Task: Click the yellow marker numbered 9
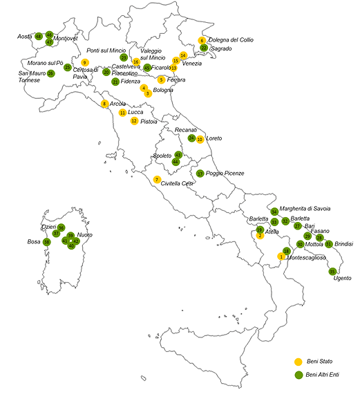(x=85, y=62)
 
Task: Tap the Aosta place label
(x=25, y=36)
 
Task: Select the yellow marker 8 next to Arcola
(x=104, y=104)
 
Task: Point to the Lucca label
(x=135, y=112)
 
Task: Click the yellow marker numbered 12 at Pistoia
(x=134, y=121)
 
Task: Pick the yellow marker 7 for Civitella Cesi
(x=157, y=179)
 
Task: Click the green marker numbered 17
(x=200, y=174)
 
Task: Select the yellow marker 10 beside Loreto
(x=200, y=139)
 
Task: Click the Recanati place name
(x=186, y=130)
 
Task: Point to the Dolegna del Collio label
(x=231, y=40)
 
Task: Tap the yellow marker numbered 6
(x=202, y=40)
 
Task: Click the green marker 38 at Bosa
(x=46, y=242)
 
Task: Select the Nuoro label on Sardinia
(x=84, y=235)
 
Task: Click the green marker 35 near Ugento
(x=332, y=271)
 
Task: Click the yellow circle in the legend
(x=299, y=362)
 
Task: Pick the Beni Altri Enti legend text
(x=323, y=375)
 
